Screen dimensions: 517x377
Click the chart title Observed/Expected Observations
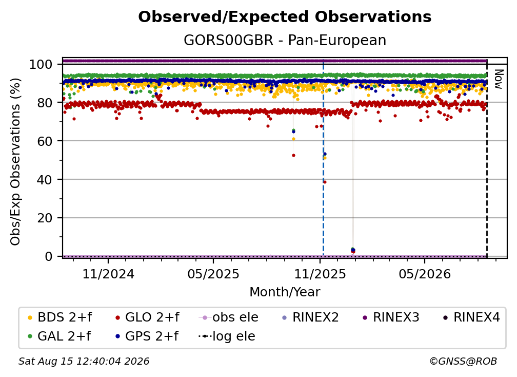pyautogui.click(x=285, y=17)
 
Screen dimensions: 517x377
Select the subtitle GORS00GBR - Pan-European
pyautogui.click(x=285, y=40)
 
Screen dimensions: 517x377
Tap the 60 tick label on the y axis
pyautogui.click(x=45, y=141)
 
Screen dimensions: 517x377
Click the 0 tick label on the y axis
pyautogui.click(x=49, y=256)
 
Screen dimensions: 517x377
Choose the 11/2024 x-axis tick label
pyautogui.click(x=108, y=274)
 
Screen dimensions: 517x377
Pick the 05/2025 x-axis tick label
pyautogui.click(x=213, y=274)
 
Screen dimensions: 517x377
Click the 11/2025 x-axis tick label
pyautogui.click(x=320, y=274)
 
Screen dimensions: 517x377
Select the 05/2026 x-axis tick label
pyautogui.click(x=425, y=274)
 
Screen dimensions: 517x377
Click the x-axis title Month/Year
pyautogui.click(x=285, y=292)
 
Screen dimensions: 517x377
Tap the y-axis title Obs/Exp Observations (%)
pyautogui.click(x=15, y=161)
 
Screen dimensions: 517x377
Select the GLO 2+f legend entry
pyautogui.click(x=147, y=317)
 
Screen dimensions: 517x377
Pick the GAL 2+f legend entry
pyautogui.click(x=59, y=336)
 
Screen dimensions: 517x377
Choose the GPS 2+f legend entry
pyautogui.click(x=147, y=336)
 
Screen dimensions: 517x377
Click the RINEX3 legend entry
pyautogui.click(x=391, y=317)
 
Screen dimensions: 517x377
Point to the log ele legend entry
pyautogui.click(x=227, y=336)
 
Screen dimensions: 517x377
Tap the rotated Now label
pyautogui.click(x=498, y=79)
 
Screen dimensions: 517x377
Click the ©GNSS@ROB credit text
pyautogui.click(x=463, y=361)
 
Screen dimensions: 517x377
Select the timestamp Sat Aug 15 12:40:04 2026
pyautogui.click(x=84, y=361)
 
